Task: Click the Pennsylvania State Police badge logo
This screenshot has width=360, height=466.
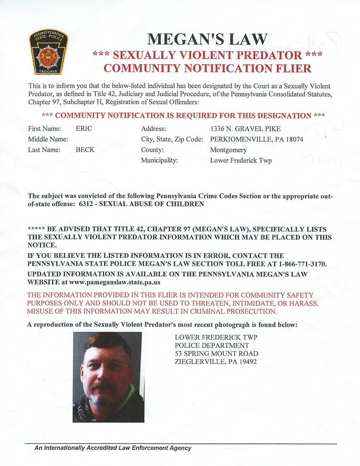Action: pos(48,52)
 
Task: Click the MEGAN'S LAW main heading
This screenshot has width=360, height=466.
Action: pos(207,39)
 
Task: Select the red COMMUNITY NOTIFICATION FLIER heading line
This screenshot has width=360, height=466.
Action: pos(207,68)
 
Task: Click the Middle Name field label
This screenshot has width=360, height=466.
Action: pos(48,139)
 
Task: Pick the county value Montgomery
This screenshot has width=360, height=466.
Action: pos(228,150)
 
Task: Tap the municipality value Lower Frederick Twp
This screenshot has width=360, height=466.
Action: pos(241,161)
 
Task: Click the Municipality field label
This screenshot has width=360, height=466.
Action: pos(160,161)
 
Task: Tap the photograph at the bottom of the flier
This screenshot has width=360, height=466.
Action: pos(108,376)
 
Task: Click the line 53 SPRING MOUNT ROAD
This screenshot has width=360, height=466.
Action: pos(217,354)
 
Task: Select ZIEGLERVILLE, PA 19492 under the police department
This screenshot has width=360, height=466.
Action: pos(216,362)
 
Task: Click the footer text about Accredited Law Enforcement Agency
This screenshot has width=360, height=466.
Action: pos(113,448)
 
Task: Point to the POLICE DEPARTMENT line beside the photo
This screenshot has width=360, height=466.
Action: pos(212,345)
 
